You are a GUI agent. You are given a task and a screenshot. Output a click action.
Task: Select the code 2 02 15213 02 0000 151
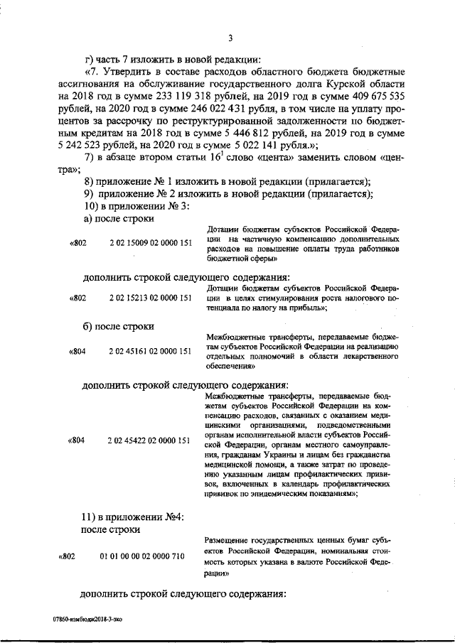151,298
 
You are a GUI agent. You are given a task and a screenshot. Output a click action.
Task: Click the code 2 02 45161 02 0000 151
151,351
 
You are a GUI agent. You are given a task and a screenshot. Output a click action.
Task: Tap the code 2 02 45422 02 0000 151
151,441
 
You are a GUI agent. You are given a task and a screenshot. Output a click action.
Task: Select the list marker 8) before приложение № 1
89,183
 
